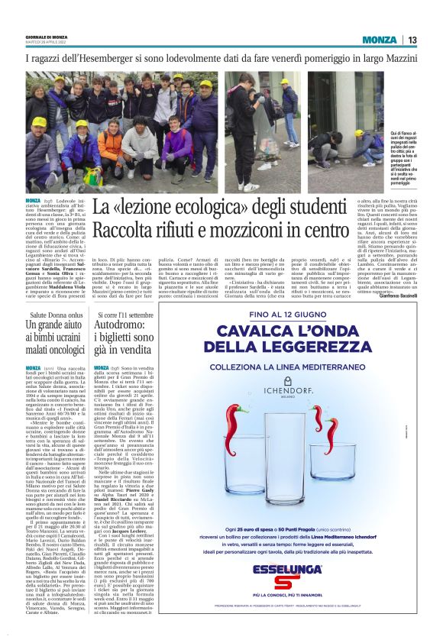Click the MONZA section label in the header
click(x=379, y=40)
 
